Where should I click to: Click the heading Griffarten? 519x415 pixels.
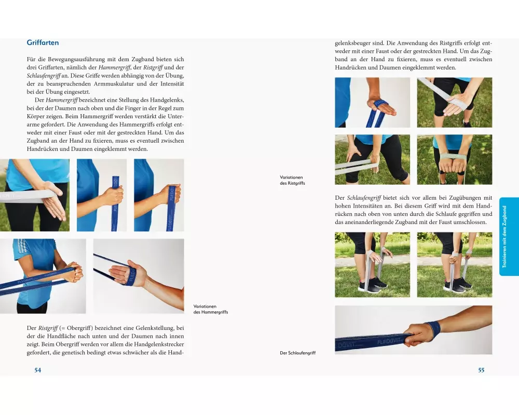43,43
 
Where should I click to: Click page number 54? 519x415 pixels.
38,370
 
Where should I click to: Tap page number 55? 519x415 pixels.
481,370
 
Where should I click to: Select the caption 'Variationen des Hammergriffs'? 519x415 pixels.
211,309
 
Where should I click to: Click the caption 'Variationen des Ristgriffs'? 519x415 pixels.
292,180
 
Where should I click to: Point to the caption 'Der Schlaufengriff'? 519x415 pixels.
297,353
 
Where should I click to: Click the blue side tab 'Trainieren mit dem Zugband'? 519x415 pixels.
509,237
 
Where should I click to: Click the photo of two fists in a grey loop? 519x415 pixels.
455,159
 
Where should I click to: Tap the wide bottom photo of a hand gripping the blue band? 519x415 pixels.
414,330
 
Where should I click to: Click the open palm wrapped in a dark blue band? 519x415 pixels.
139,276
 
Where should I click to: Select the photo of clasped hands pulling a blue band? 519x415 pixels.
43,276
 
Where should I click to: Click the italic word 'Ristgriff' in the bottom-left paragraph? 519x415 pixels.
48,328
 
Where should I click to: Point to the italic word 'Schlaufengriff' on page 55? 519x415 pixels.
363,198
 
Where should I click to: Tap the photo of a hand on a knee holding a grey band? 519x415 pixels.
372,159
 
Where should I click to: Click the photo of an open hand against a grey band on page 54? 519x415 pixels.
35,195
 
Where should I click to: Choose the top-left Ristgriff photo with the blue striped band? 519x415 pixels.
372,103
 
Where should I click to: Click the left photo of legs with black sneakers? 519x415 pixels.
372,265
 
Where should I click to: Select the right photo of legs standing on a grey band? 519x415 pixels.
455,265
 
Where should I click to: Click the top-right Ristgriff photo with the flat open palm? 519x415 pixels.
455,103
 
